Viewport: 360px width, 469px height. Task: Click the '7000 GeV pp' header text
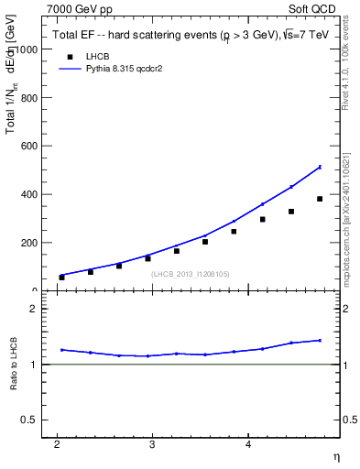pyautogui.click(x=80, y=9)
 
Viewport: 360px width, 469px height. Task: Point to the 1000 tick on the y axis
pyautogui.click(x=27, y=49)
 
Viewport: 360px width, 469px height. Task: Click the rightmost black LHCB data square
pyautogui.click(x=320, y=199)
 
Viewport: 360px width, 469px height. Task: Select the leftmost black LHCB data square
pyautogui.click(x=62, y=277)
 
